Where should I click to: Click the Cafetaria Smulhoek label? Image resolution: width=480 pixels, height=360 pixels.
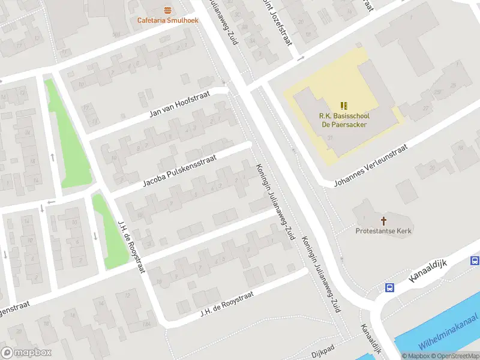pyautogui.click(x=167, y=20)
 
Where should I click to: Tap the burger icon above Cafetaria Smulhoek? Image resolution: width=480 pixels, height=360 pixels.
pyautogui.click(x=167, y=10)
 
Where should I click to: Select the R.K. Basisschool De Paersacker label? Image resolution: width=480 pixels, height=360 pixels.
pyautogui.click(x=343, y=121)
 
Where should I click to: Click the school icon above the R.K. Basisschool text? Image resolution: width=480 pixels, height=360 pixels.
pyautogui.click(x=344, y=106)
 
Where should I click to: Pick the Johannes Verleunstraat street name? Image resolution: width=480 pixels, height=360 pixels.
pyautogui.click(x=371, y=164)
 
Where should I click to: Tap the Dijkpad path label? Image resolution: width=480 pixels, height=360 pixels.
pyautogui.click(x=323, y=354)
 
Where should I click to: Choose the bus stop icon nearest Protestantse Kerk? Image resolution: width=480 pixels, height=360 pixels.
pyautogui.click(x=389, y=287)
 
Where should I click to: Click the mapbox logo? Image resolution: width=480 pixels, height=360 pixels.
pyautogui.click(x=26, y=353)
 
